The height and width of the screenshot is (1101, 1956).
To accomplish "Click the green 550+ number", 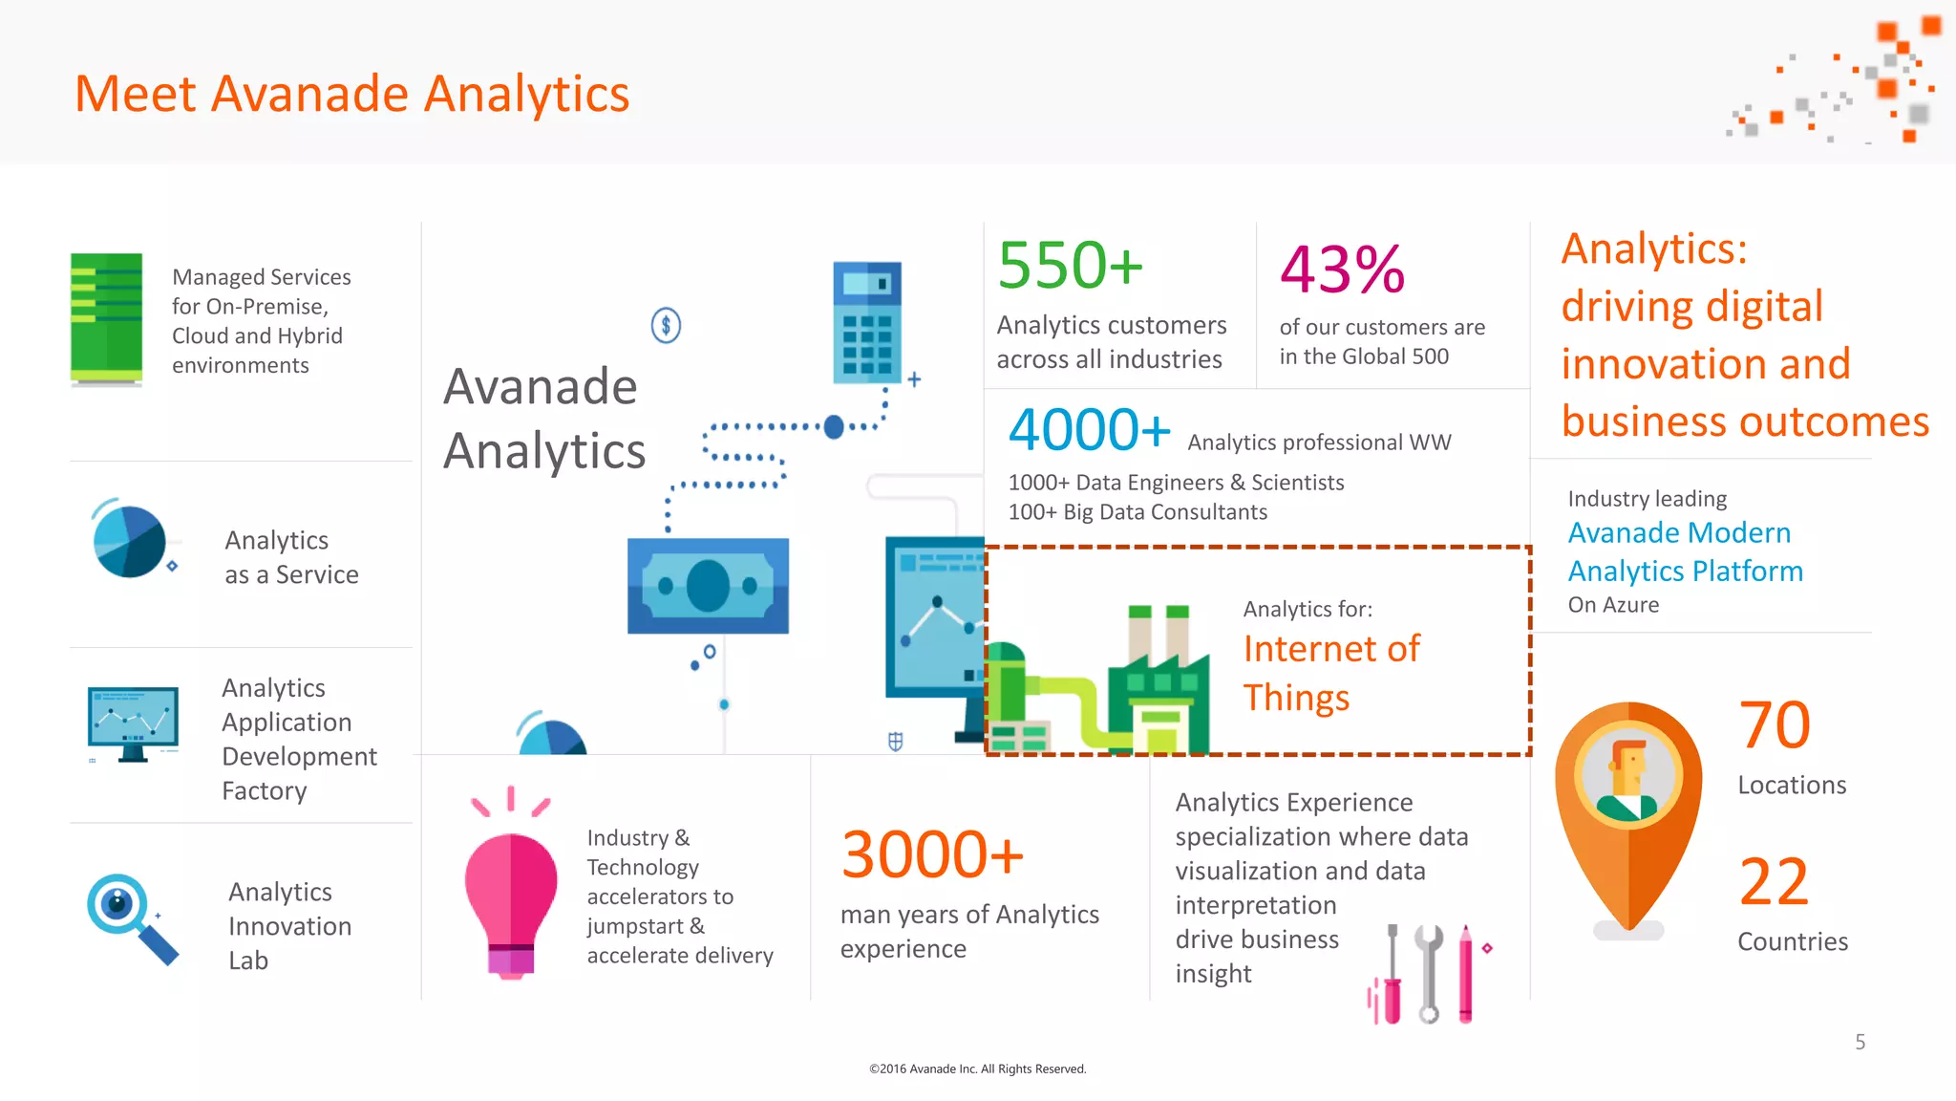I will tap(1070, 266).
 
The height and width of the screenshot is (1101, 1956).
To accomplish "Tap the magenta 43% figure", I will tap(1342, 270).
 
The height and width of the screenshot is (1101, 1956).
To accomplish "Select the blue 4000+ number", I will tap(1089, 430).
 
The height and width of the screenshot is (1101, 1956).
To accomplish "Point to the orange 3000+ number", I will tap(932, 854).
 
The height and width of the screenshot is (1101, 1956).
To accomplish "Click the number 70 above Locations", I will tap(1775, 725).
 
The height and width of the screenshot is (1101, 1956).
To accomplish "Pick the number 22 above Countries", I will tap(1775, 882).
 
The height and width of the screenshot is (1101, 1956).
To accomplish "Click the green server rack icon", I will tap(107, 319).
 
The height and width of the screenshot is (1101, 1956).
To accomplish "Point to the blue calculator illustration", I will tap(867, 322).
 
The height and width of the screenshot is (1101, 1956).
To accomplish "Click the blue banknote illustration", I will tap(708, 586).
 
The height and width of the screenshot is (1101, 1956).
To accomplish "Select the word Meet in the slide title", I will tap(136, 95).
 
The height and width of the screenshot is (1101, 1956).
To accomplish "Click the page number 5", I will tap(1860, 1042).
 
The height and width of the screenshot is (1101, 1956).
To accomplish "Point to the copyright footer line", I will tap(977, 1069).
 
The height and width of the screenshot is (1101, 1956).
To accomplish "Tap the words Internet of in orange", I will tap(1331, 649).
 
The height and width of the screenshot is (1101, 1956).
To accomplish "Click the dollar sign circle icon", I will tap(666, 326).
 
